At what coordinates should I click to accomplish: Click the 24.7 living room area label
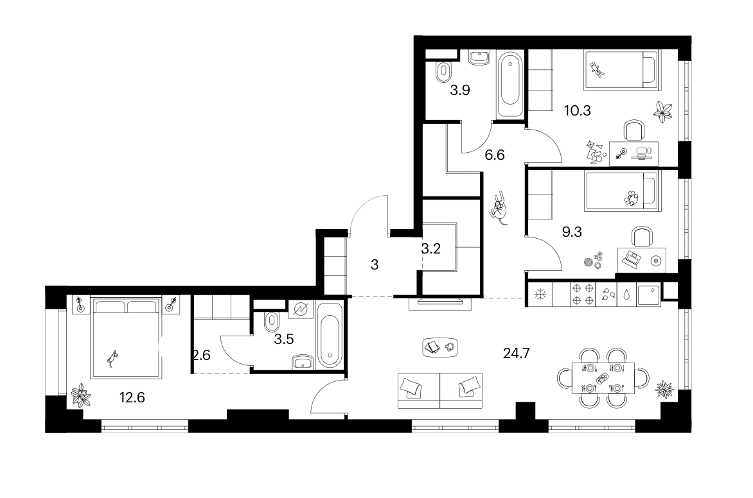click(x=517, y=354)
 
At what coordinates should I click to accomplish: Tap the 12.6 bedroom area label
click(x=132, y=398)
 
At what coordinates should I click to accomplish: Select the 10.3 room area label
click(x=577, y=111)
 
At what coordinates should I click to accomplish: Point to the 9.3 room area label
click(x=572, y=232)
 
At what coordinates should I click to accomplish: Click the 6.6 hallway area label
click(x=495, y=155)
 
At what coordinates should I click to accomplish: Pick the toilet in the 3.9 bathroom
click(x=443, y=72)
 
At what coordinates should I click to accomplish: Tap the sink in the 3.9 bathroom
click(x=479, y=57)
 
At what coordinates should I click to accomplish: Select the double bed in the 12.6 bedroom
click(x=126, y=338)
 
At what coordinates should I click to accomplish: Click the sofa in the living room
click(x=440, y=391)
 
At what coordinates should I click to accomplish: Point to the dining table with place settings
click(x=603, y=377)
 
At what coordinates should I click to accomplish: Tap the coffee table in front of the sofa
click(x=440, y=347)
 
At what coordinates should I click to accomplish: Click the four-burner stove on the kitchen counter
click(x=583, y=295)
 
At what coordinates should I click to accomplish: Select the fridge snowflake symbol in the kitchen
click(x=540, y=295)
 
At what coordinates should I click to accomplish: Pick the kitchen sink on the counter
click(x=649, y=295)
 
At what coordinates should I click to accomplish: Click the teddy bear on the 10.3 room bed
click(x=597, y=70)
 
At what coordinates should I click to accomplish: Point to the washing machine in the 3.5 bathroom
click(x=301, y=309)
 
